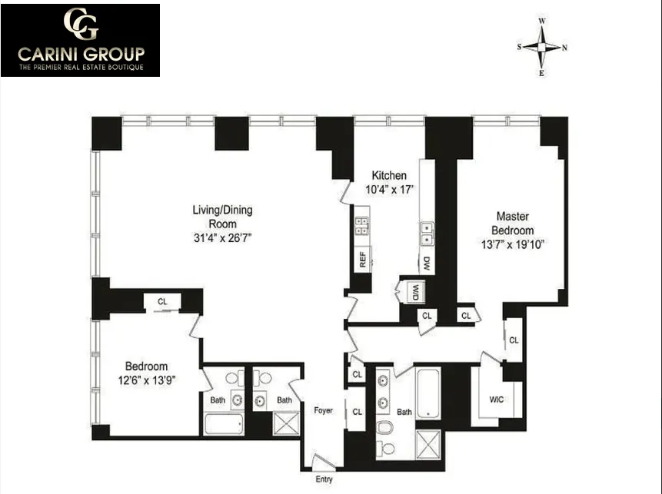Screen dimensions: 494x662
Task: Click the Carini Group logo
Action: pyautogui.click(x=80, y=40)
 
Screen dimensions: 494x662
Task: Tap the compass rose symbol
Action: pyautogui.click(x=543, y=47)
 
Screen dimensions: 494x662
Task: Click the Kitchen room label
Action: pyautogui.click(x=389, y=175)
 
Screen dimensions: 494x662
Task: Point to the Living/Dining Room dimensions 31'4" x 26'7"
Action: pyautogui.click(x=222, y=237)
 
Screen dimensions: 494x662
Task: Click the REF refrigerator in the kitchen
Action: pyautogui.click(x=361, y=259)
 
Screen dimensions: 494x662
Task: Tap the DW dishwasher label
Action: pyautogui.click(x=427, y=263)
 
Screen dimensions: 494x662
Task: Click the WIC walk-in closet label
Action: pyautogui.click(x=496, y=400)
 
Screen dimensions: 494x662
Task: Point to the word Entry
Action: pyautogui.click(x=324, y=479)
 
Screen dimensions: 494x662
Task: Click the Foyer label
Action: pyautogui.click(x=324, y=410)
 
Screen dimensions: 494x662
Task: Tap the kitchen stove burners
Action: pyautogui.click(x=361, y=225)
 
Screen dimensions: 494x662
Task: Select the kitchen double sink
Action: pyautogui.click(x=426, y=232)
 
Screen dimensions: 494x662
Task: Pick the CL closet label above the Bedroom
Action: pyautogui.click(x=162, y=302)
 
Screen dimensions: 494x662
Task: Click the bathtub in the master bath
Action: pyautogui.click(x=427, y=393)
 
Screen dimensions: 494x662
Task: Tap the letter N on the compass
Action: pyautogui.click(x=565, y=48)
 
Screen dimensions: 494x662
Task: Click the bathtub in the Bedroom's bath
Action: pyautogui.click(x=224, y=423)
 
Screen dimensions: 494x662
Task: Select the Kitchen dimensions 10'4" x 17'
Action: pyautogui.click(x=389, y=189)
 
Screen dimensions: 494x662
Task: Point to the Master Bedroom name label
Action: pyautogui.click(x=514, y=224)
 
